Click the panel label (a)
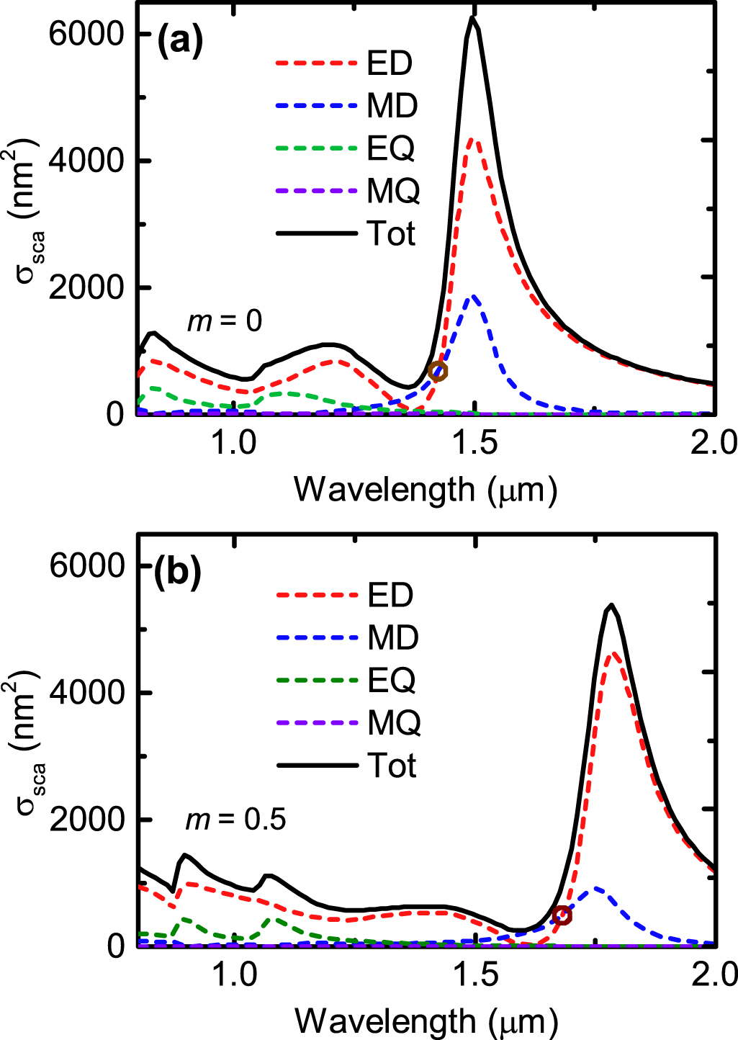tap(180, 41)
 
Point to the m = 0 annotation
tap(225, 320)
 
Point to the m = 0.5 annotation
tap(236, 819)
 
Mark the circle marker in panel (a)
tap(438, 372)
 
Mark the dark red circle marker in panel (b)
tap(562, 915)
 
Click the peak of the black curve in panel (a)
tap(472, 17)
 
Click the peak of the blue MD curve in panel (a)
tap(472, 296)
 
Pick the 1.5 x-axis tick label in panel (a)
tap(474, 442)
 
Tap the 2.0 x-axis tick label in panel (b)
tap(714, 974)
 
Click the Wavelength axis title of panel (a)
tap(426, 490)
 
